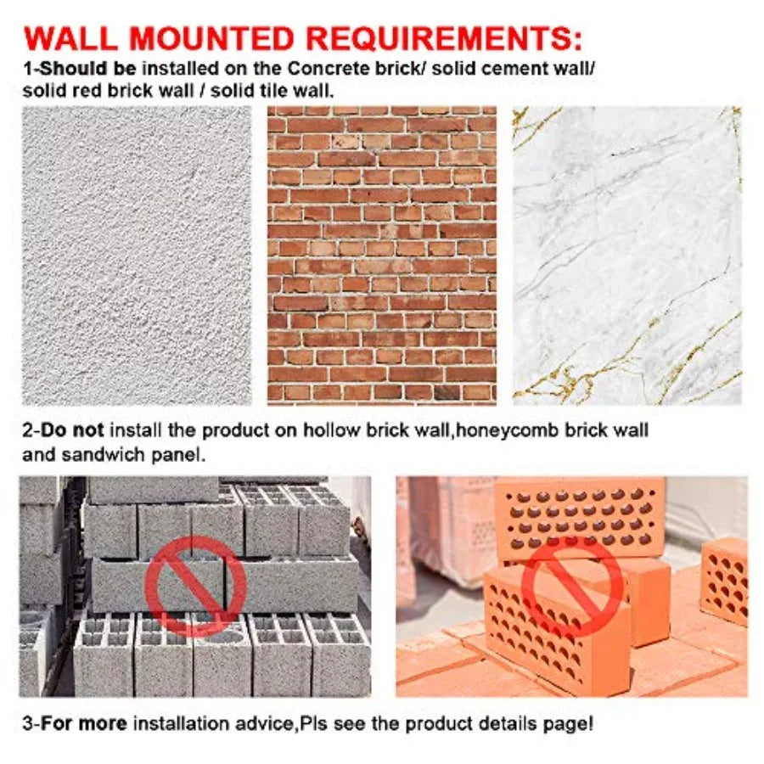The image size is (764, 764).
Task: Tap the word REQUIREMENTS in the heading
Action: click(437, 38)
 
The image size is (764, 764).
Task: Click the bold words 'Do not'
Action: click(72, 430)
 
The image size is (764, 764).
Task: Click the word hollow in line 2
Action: click(331, 430)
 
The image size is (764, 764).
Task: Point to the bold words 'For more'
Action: click(84, 723)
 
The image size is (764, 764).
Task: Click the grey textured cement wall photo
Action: click(137, 256)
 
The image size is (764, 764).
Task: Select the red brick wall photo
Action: click(382, 256)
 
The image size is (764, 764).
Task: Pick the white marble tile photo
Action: click(627, 256)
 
